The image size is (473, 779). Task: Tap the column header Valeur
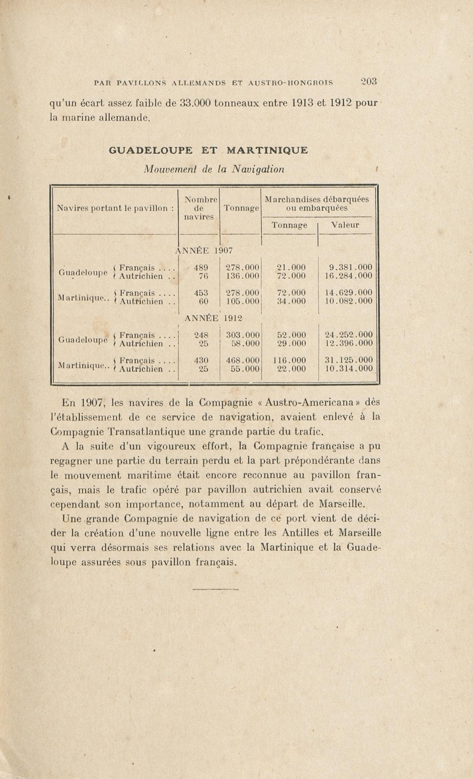345,225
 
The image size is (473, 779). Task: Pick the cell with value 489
201,267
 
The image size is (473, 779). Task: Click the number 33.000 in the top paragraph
195,103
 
